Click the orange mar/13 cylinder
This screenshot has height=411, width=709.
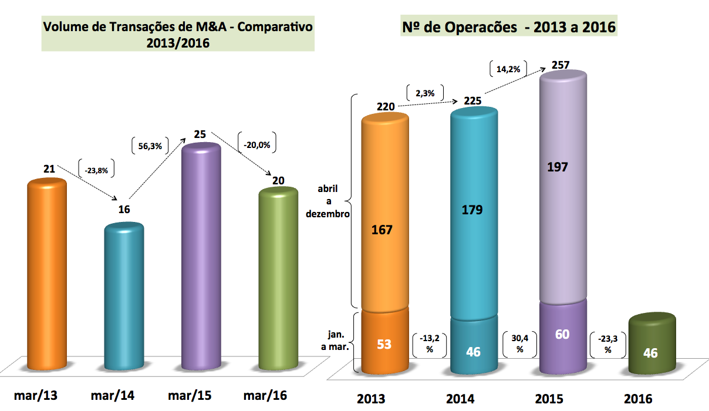tap(48, 276)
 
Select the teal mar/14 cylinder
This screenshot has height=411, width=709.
tap(124, 297)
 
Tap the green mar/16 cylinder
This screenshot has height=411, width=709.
tap(278, 279)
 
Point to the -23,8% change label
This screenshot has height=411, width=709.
tap(96, 170)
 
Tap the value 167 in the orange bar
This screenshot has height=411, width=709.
tap(382, 230)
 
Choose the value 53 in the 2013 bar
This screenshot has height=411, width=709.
tap(384, 343)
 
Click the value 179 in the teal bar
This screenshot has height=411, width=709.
tap(472, 210)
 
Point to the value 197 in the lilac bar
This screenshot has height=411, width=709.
tap(557, 167)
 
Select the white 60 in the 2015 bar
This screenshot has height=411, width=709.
tap(562, 334)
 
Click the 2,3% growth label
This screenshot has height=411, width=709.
tap(424, 93)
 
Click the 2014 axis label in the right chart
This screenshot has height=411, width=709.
tap(460, 399)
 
